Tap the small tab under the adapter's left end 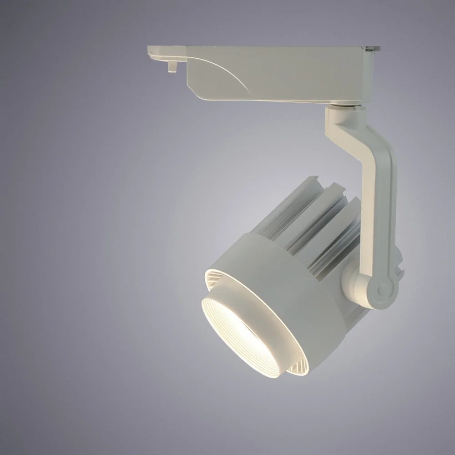[172, 66]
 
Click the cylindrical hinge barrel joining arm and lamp [353, 282]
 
